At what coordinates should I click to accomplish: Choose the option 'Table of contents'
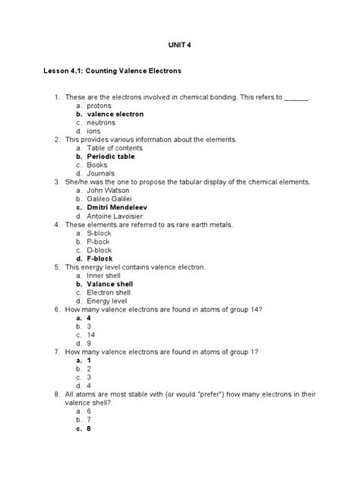tap(115, 148)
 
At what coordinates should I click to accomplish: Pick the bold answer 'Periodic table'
tap(111, 156)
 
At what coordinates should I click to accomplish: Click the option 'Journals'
tap(101, 173)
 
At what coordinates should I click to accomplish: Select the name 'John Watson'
tap(108, 191)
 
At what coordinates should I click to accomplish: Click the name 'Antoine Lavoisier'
tap(115, 216)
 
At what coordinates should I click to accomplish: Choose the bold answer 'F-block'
tap(101, 259)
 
